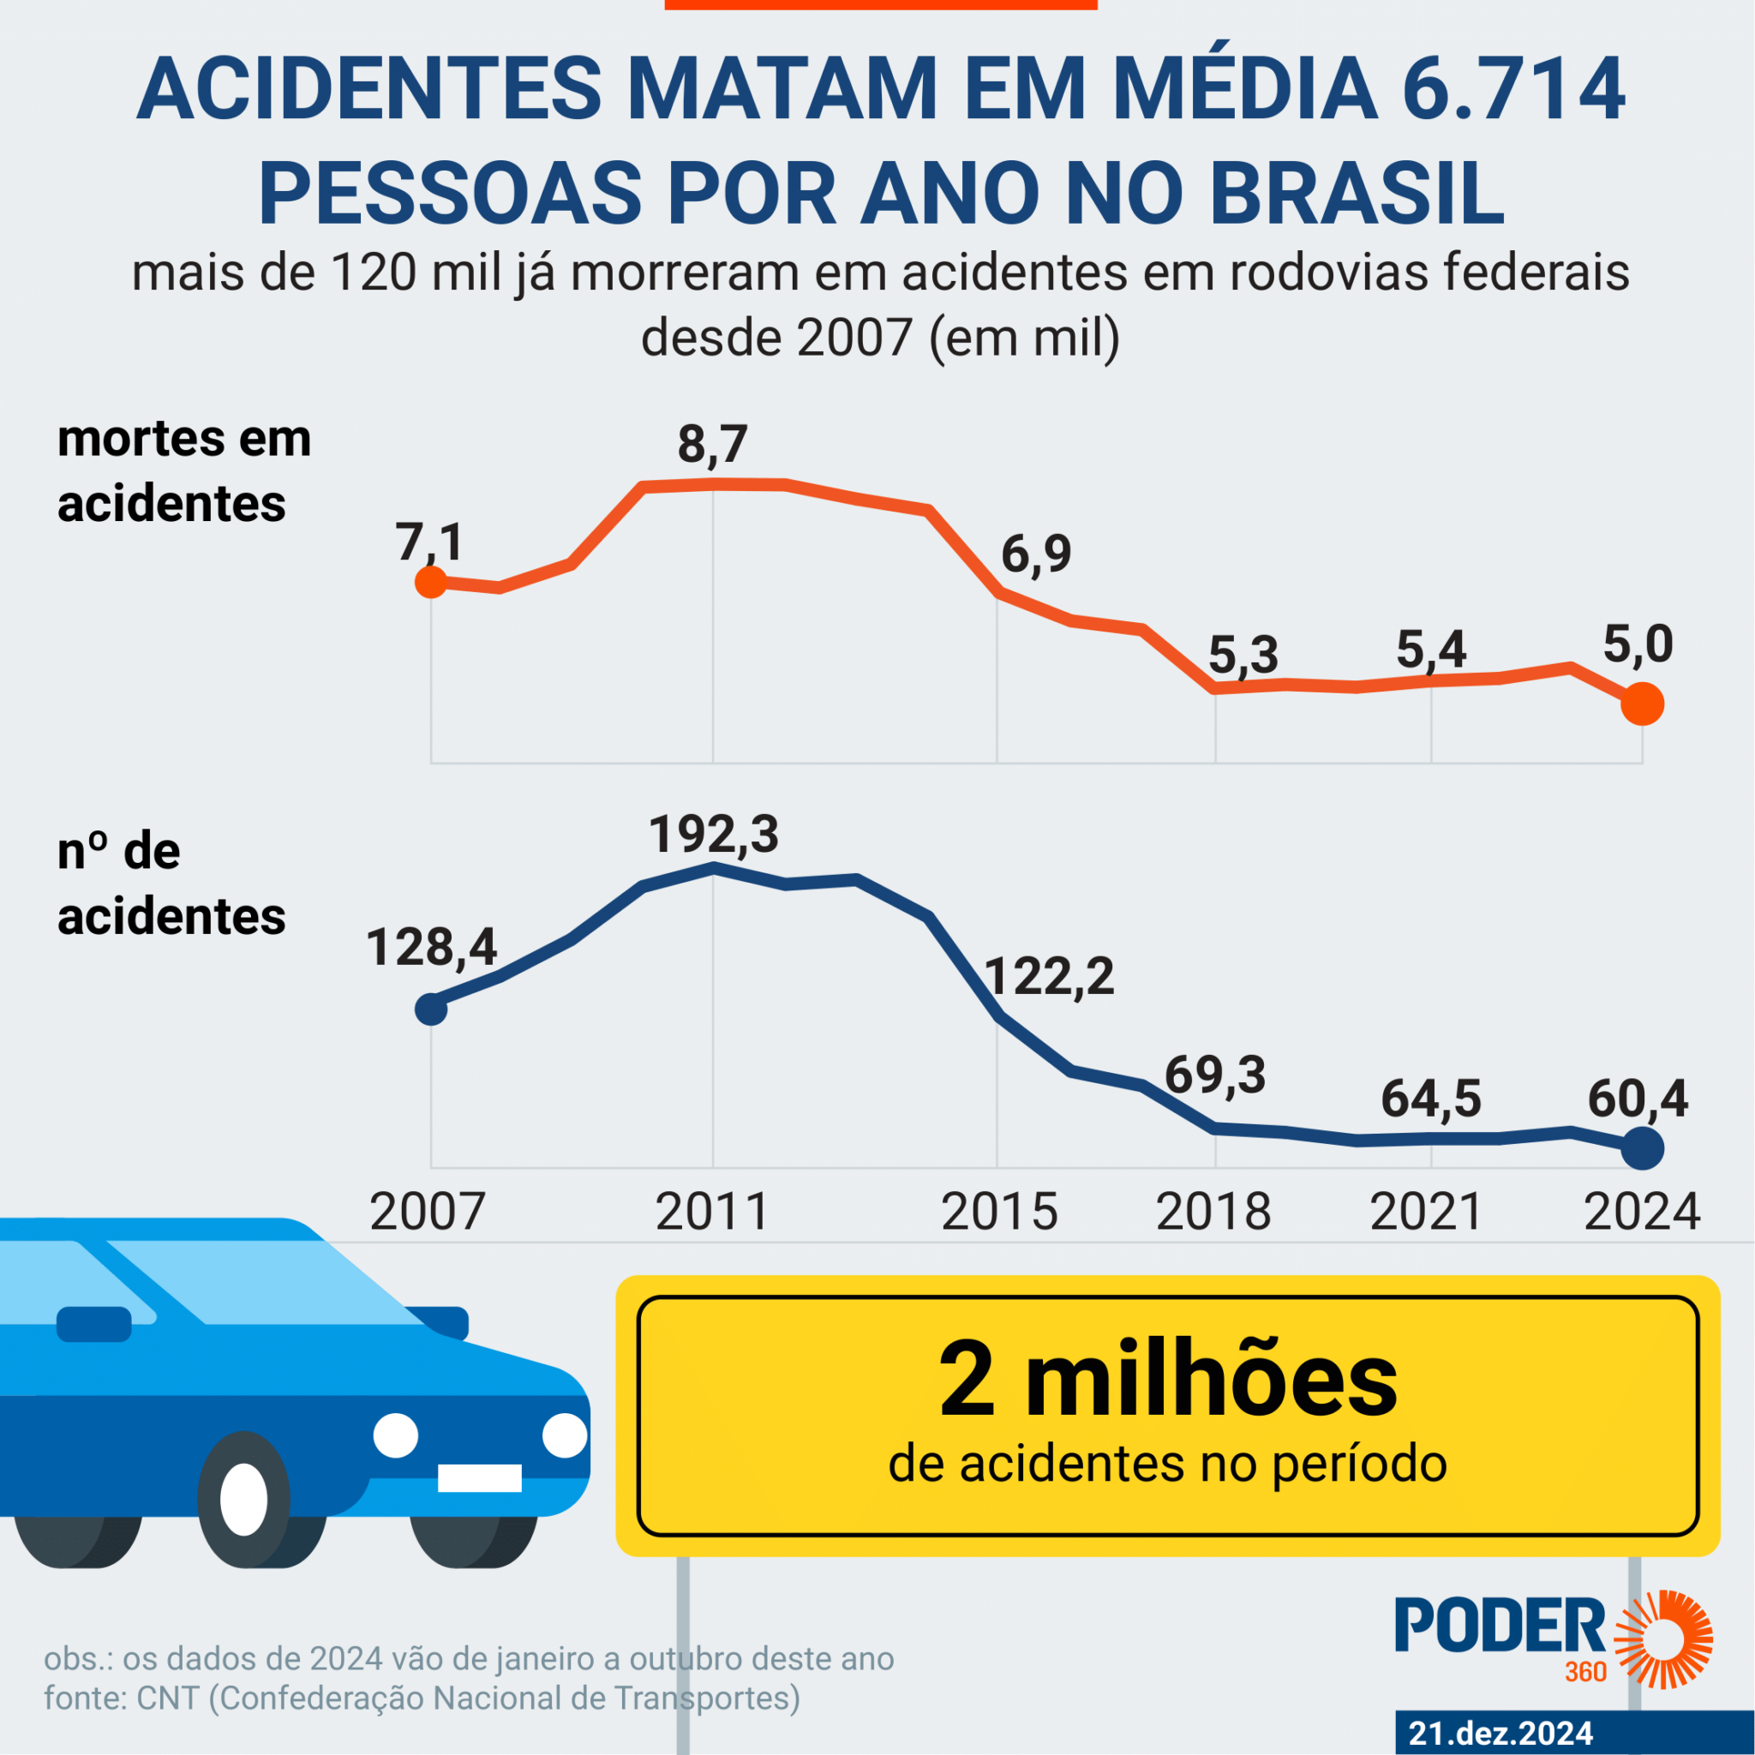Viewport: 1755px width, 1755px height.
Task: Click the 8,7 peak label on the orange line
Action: [712, 444]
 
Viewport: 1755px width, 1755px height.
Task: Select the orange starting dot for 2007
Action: [430, 581]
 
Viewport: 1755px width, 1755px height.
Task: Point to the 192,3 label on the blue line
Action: [713, 834]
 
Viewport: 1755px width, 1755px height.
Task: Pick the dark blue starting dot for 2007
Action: [430, 1009]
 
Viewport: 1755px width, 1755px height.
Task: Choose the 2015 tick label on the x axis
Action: [998, 1212]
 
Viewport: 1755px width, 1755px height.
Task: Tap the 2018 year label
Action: [1213, 1212]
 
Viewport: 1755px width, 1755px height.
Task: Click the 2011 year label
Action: [712, 1212]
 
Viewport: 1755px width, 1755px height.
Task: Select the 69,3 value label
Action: [1214, 1075]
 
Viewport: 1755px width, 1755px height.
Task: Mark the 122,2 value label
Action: [1049, 978]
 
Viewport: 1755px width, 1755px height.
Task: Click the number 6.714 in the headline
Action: [1512, 91]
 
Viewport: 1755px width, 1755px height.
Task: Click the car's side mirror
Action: [93, 1323]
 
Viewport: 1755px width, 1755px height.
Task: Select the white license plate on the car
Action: [480, 1478]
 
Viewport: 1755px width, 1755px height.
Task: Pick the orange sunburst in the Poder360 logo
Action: [1662, 1638]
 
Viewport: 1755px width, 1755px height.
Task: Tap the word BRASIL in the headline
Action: [1357, 194]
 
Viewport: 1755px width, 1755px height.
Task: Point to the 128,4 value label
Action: [432, 948]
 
